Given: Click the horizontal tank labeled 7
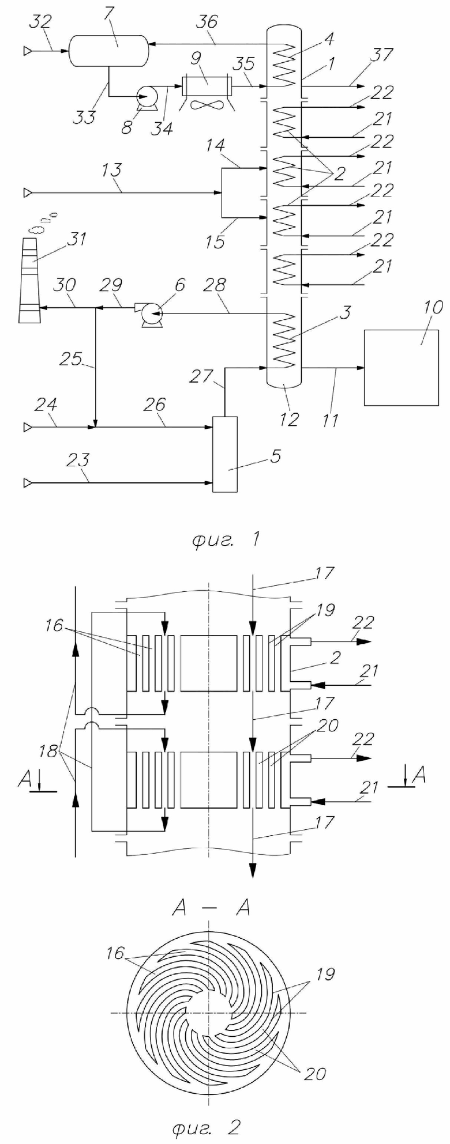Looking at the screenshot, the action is tap(108, 50).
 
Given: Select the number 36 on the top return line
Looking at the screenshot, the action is tap(208, 22).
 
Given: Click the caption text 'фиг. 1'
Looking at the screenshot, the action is tap(226, 539).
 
